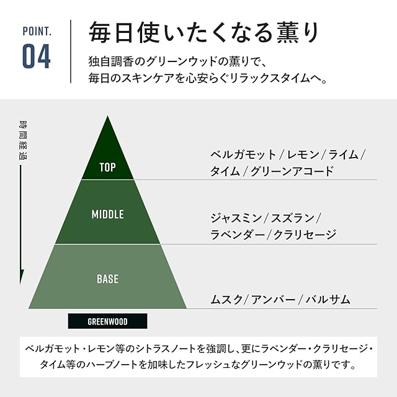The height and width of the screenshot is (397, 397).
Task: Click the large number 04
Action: click(36, 56)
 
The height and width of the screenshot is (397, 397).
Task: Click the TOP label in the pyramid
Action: click(107, 167)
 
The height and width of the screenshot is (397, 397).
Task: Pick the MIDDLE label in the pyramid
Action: click(107, 215)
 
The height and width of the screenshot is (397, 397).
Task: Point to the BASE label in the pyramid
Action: click(107, 279)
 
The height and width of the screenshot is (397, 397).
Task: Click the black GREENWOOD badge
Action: click(107, 321)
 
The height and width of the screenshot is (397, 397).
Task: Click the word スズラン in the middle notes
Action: click(293, 218)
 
